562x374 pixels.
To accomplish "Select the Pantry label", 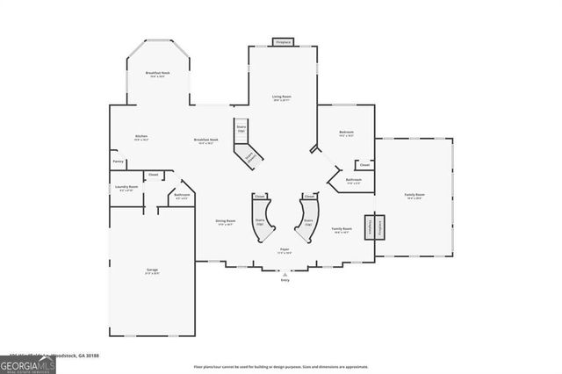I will (x=118, y=162).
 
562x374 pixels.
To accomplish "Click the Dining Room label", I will (x=226, y=221).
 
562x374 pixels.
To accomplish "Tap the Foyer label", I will (x=285, y=250).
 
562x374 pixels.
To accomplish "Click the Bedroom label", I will (x=346, y=133).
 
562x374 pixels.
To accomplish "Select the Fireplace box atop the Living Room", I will (x=284, y=41).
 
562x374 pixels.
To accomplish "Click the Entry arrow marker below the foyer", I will (x=285, y=275).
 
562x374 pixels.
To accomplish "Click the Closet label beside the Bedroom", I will (x=364, y=164).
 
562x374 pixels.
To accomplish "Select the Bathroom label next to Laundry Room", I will (x=182, y=196).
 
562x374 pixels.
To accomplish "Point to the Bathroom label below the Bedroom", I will (x=353, y=181).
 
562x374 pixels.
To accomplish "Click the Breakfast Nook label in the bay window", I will (x=157, y=74).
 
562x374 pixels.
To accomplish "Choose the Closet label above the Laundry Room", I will (x=152, y=175).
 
